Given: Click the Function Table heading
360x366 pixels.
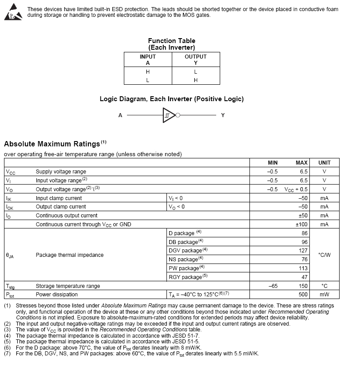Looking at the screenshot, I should (171, 41).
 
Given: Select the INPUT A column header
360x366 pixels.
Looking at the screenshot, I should (148, 59).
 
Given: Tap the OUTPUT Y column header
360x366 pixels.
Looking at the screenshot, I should (195, 59).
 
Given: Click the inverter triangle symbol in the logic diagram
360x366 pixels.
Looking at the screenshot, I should (169, 115).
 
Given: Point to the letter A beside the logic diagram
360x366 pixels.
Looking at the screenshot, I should (120, 115).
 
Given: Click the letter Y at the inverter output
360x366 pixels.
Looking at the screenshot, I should (223, 115).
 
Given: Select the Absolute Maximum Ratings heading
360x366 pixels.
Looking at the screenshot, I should (52, 144).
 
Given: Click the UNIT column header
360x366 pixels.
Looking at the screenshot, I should (324, 163).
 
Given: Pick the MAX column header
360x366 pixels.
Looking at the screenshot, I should (301, 163).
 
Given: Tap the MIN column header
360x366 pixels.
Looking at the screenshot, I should (273, 163).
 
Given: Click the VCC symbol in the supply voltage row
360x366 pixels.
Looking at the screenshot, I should (11, 172).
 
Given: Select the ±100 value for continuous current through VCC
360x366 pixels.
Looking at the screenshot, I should (301, 224).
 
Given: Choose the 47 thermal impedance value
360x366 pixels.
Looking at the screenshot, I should (304, 277).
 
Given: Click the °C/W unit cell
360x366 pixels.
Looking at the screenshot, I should (324, 255).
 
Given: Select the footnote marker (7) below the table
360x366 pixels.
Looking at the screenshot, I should (7, 354).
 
